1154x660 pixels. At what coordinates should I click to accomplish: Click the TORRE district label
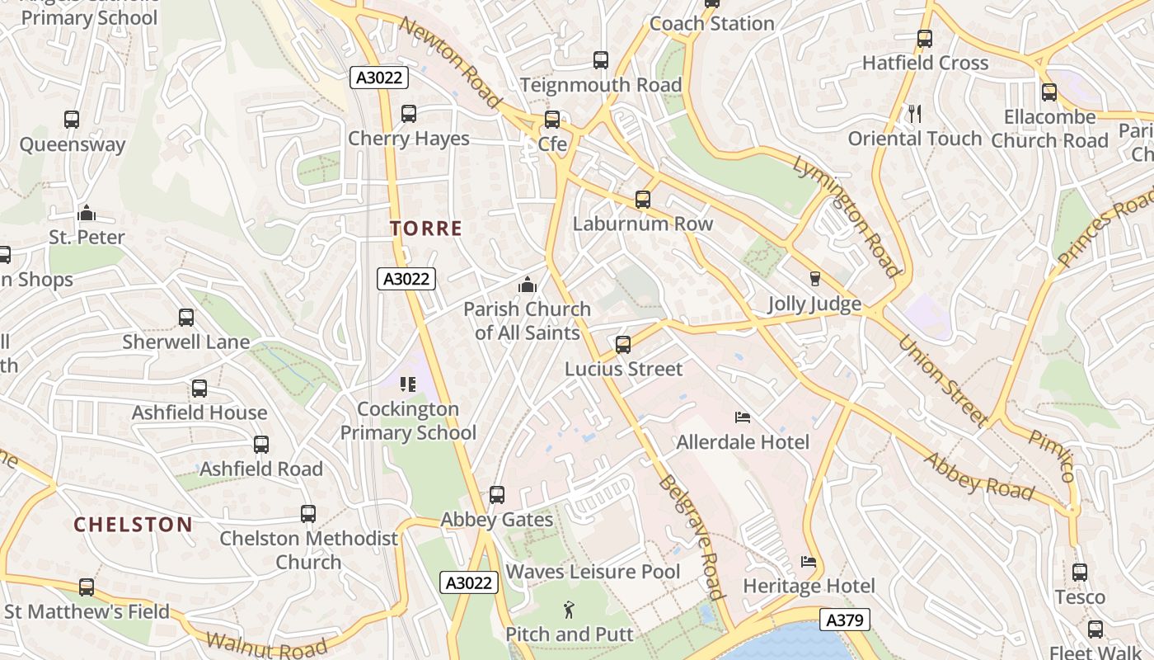[426, 229]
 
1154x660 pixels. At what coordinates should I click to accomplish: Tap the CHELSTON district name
[134, 525]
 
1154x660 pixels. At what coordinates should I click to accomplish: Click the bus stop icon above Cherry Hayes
[408, 114]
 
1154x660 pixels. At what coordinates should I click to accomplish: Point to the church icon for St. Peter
[87, 214]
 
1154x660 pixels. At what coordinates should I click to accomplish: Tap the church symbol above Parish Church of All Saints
[527, 285]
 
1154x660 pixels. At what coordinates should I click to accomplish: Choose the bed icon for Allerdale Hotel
[743, 417]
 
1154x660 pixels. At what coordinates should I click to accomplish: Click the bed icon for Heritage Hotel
[809, 562]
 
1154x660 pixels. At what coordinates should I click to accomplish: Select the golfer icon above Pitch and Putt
[569, 610]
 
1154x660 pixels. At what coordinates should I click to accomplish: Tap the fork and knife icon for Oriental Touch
[915, 114]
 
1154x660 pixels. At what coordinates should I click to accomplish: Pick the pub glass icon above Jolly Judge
[814, 279]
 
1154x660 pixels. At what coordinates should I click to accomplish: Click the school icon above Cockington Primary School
[407, 384]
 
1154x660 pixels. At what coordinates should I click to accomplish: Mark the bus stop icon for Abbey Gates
[496, 495]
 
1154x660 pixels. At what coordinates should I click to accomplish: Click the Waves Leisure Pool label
[593, 572]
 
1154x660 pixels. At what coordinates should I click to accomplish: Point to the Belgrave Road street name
[692, 537]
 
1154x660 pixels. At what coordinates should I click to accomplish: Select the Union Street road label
[942, 380]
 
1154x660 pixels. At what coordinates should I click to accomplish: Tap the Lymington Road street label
[847, 215]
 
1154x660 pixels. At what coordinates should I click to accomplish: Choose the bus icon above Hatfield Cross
[924, 39]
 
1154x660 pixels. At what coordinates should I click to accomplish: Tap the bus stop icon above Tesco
[1079, 572]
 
